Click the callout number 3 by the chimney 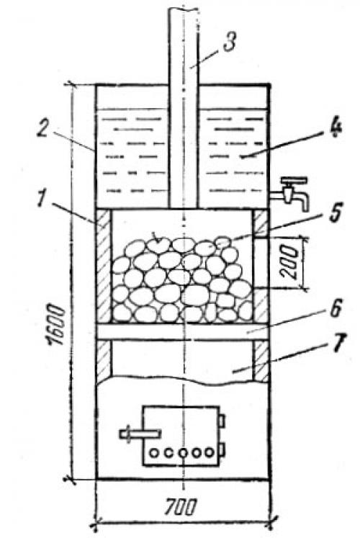point(229,41)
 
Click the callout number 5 point(333,212)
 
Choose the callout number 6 point(335,308)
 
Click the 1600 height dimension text point(55,324)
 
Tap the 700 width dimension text point(180,507)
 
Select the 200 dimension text point(289,261)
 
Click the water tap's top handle point(292,181)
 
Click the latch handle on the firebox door point(140,434)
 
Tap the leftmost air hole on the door point(154,453)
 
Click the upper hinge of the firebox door point(222,421)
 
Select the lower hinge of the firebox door point(222,450)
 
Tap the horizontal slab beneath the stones point(182,331)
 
